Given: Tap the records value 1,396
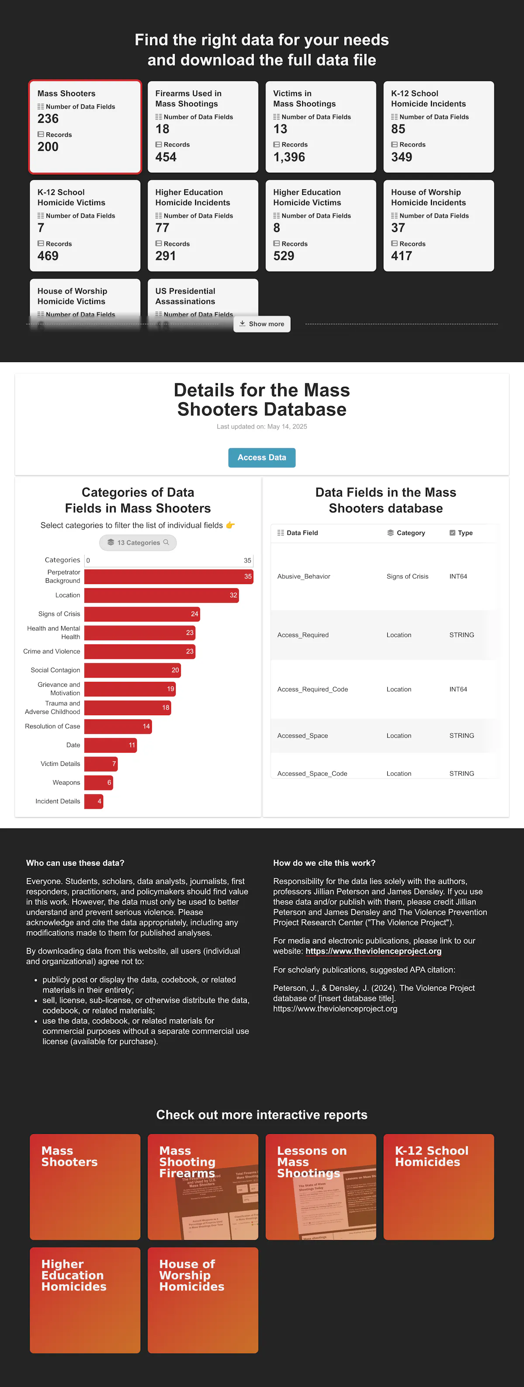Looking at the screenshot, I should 289,157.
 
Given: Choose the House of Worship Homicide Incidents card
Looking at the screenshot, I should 438,226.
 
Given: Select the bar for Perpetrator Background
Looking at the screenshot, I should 169,577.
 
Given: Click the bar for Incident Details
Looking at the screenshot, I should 93,802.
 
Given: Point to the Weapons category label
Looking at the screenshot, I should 66,783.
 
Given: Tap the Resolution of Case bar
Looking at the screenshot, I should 118,727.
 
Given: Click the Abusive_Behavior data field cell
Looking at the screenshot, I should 304,577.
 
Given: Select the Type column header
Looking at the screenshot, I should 465,533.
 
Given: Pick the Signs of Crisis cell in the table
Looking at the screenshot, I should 407,577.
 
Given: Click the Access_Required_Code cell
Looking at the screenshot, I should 313,690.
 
